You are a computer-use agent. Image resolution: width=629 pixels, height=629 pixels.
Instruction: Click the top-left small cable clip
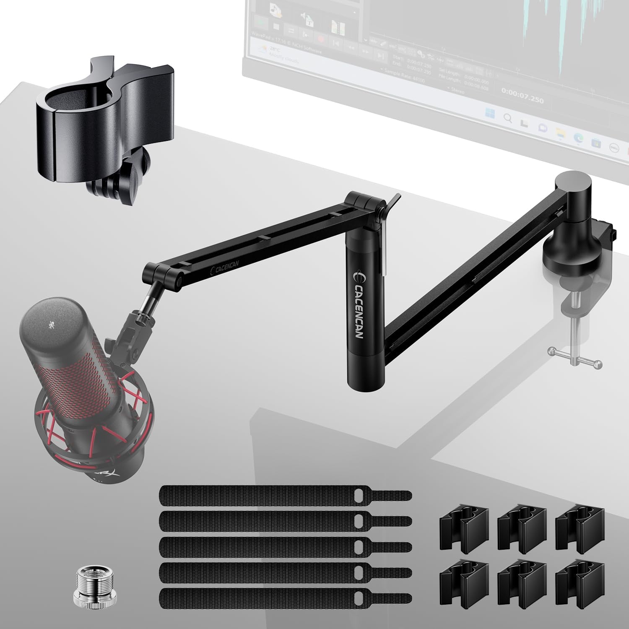(464, 528)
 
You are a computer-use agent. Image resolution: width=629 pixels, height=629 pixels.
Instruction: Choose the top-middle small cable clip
(522, 528)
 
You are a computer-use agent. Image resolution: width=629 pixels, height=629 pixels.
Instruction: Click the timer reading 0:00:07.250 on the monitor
(522, 100)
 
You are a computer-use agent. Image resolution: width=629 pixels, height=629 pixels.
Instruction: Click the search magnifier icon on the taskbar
(508, 118)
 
